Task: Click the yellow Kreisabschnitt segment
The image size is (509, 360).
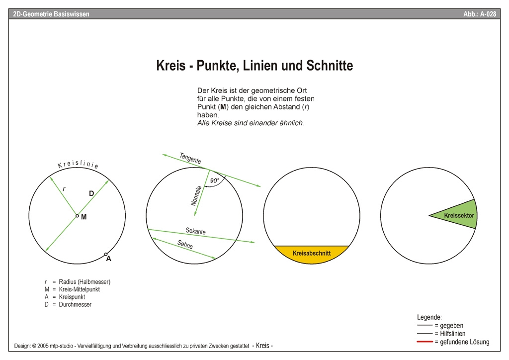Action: pos(312,254)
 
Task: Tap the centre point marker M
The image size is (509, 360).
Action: pos(77,216)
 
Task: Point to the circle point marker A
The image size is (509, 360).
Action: pos(106,255)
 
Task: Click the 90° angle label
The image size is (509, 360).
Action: pos(214,181)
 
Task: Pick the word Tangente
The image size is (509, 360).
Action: pos(190,159)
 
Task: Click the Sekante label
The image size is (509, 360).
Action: pos(195,231)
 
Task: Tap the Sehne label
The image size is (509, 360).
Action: pos(185,245)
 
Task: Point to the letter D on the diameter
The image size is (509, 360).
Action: pos(91,193)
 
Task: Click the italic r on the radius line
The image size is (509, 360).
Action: pos(64,188)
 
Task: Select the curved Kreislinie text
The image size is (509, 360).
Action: pos(78,165)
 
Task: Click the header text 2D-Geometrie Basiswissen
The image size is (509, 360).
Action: pos(51,14)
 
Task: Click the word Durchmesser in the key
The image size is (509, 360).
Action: pos(75,304)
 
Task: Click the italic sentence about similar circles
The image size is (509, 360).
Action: pos(251,123)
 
